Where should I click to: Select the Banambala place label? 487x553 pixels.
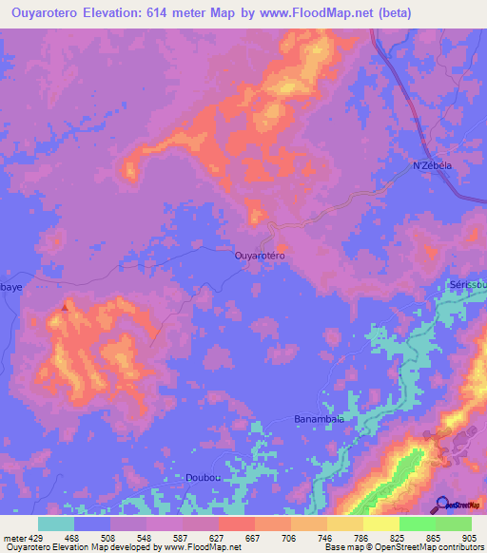318,417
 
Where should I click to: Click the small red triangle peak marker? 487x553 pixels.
65,307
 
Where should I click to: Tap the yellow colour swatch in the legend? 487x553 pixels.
380,524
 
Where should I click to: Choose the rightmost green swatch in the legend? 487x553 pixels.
453,524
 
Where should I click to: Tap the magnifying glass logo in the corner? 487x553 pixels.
443,504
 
